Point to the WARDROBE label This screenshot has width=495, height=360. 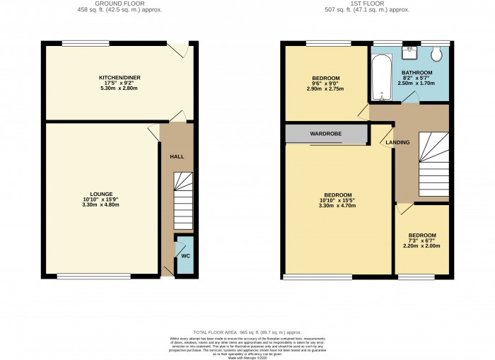click(x=326, y=133)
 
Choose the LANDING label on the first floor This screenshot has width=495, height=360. click(x=397, y=142)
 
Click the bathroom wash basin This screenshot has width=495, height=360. click(x=412, y=54)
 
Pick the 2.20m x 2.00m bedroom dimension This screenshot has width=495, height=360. click(x=421, y=246)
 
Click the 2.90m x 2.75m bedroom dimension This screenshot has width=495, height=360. click(x=326, y=88)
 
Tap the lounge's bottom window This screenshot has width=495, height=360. click(x=79, y=275)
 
